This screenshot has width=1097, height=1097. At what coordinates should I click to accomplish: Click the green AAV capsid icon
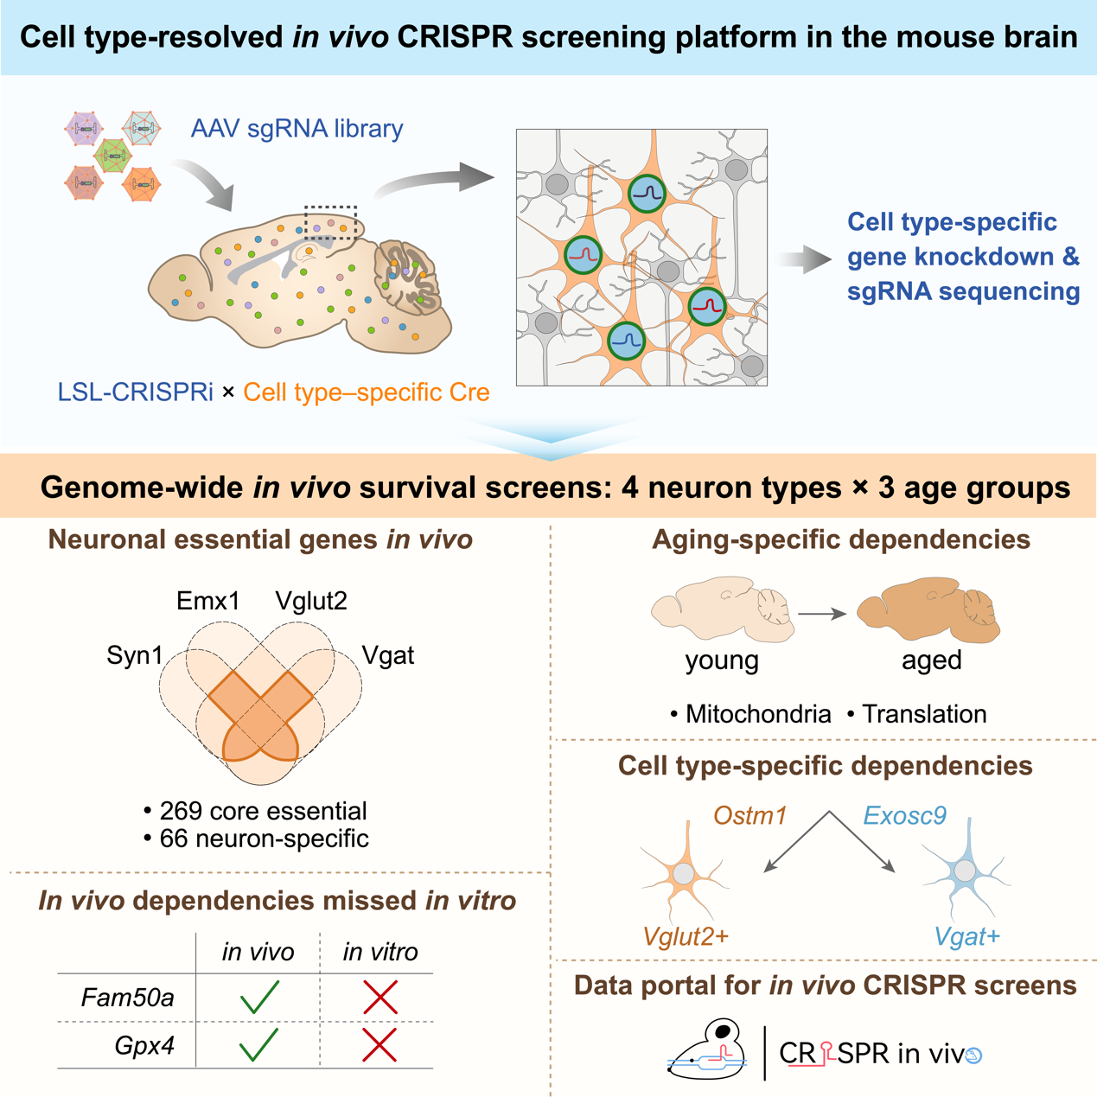tap(113, 156)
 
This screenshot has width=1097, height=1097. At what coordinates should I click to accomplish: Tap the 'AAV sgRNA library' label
tap(297, 129)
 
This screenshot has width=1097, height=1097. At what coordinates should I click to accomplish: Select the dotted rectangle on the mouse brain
tap(331, 222)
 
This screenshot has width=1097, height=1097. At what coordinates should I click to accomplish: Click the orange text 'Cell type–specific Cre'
tap(366, 392)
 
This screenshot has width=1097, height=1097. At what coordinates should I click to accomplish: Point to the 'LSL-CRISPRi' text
tap(136, 392)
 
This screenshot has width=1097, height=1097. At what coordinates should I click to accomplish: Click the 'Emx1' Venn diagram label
tap(207, 601)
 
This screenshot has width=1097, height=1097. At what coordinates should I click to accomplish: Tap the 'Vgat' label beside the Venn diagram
tap(387, 656)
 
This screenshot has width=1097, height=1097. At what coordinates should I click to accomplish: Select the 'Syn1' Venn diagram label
tap(135, 656)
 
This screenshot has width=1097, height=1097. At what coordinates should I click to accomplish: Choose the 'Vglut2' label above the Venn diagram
tap(311, 601)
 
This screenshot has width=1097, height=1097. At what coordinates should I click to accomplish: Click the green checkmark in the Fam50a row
tap(259, 997)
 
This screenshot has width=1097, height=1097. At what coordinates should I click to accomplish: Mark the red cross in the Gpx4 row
tap(379, 1044)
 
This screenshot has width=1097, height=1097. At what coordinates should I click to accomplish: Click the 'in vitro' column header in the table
tap(380, 952)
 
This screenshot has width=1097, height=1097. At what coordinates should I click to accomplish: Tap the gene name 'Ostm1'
tap(749, 815)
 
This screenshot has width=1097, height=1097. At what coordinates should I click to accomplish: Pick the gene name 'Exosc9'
tap(904, 815)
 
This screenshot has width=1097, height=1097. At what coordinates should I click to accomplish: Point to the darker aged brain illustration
tap(928, 609)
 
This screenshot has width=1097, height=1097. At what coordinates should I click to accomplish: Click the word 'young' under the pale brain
tap(722, 661)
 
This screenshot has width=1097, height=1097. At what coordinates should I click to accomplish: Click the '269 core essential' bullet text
tap(263, 811)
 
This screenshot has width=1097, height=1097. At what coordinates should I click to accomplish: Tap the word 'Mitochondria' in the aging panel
tap(758, 714)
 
